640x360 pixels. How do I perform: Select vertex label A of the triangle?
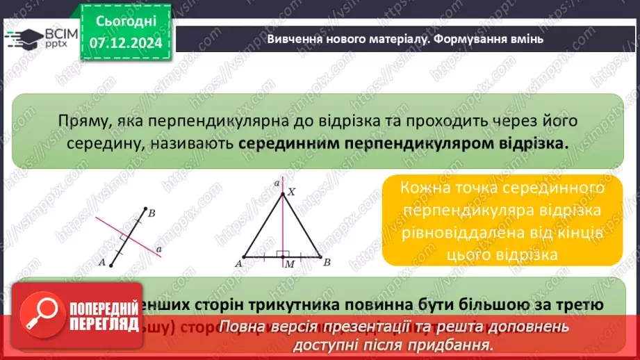tap(238, 264)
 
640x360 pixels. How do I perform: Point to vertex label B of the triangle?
tap(327, 263)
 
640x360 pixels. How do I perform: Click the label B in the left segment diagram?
tap(151, 213)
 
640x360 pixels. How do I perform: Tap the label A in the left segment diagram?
tap(102, 263)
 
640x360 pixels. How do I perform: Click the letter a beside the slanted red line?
tap(160, 248)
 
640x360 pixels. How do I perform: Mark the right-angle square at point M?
tap(280, 255)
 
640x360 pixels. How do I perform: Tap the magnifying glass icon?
tap(40, 317)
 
